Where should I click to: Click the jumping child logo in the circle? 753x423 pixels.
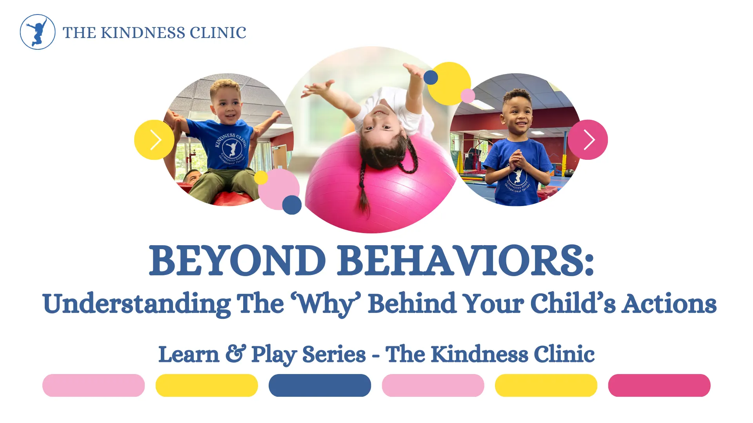[38, 32]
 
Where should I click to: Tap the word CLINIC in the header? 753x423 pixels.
[218, 33]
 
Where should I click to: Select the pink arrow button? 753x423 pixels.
[587, 139]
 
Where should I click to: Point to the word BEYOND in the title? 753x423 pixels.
[237, 260]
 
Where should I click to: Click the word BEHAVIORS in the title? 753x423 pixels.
[466, 260]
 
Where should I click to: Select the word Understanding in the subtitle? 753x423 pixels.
[137, 304]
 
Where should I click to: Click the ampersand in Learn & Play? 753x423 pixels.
[236, 353]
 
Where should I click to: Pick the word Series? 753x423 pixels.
[334, 354]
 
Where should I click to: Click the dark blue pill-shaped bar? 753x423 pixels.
[320, 385]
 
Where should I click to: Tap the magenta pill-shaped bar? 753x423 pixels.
[659, 385]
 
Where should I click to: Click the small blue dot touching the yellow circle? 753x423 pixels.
[431, 78]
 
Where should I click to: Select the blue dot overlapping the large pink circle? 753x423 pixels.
[292, 205]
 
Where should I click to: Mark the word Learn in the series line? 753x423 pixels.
[189, 354]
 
